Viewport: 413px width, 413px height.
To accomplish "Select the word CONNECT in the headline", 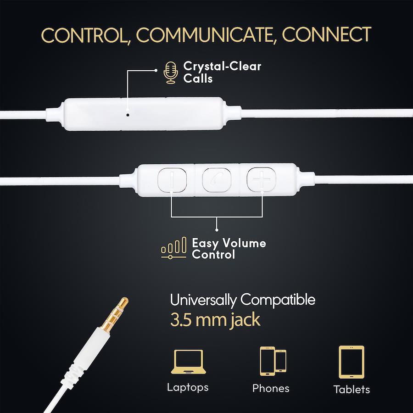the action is [x=327, y=34].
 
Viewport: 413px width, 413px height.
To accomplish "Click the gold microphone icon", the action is [x=170, y=73].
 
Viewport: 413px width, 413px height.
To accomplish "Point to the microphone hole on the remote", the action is [x=128, y=115].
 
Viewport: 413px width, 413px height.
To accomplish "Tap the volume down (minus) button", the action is [x=172, y=180].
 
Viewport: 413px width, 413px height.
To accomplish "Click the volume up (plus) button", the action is [x=261, y=179].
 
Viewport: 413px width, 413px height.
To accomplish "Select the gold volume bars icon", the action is [x=174, y=248].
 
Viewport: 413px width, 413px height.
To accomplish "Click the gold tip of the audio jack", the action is [x=123, y=302].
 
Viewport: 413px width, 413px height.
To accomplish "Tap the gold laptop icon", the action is [x=188, y=362].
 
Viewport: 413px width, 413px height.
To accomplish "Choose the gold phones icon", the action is [x=273, y=361].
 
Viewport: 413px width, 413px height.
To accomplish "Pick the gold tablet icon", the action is [x=352, y=362].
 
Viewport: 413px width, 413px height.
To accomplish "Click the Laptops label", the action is [x=188, y=387].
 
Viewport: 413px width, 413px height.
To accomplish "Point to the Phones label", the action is [x=271, y=388].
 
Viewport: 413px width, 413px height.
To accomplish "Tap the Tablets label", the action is [x=352, y=389].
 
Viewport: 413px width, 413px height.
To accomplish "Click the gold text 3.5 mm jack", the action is [x=215, y=320].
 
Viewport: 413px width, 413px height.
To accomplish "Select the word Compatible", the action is [x=278, y=300].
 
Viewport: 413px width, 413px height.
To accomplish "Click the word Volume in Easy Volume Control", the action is [x=244, y=243].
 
